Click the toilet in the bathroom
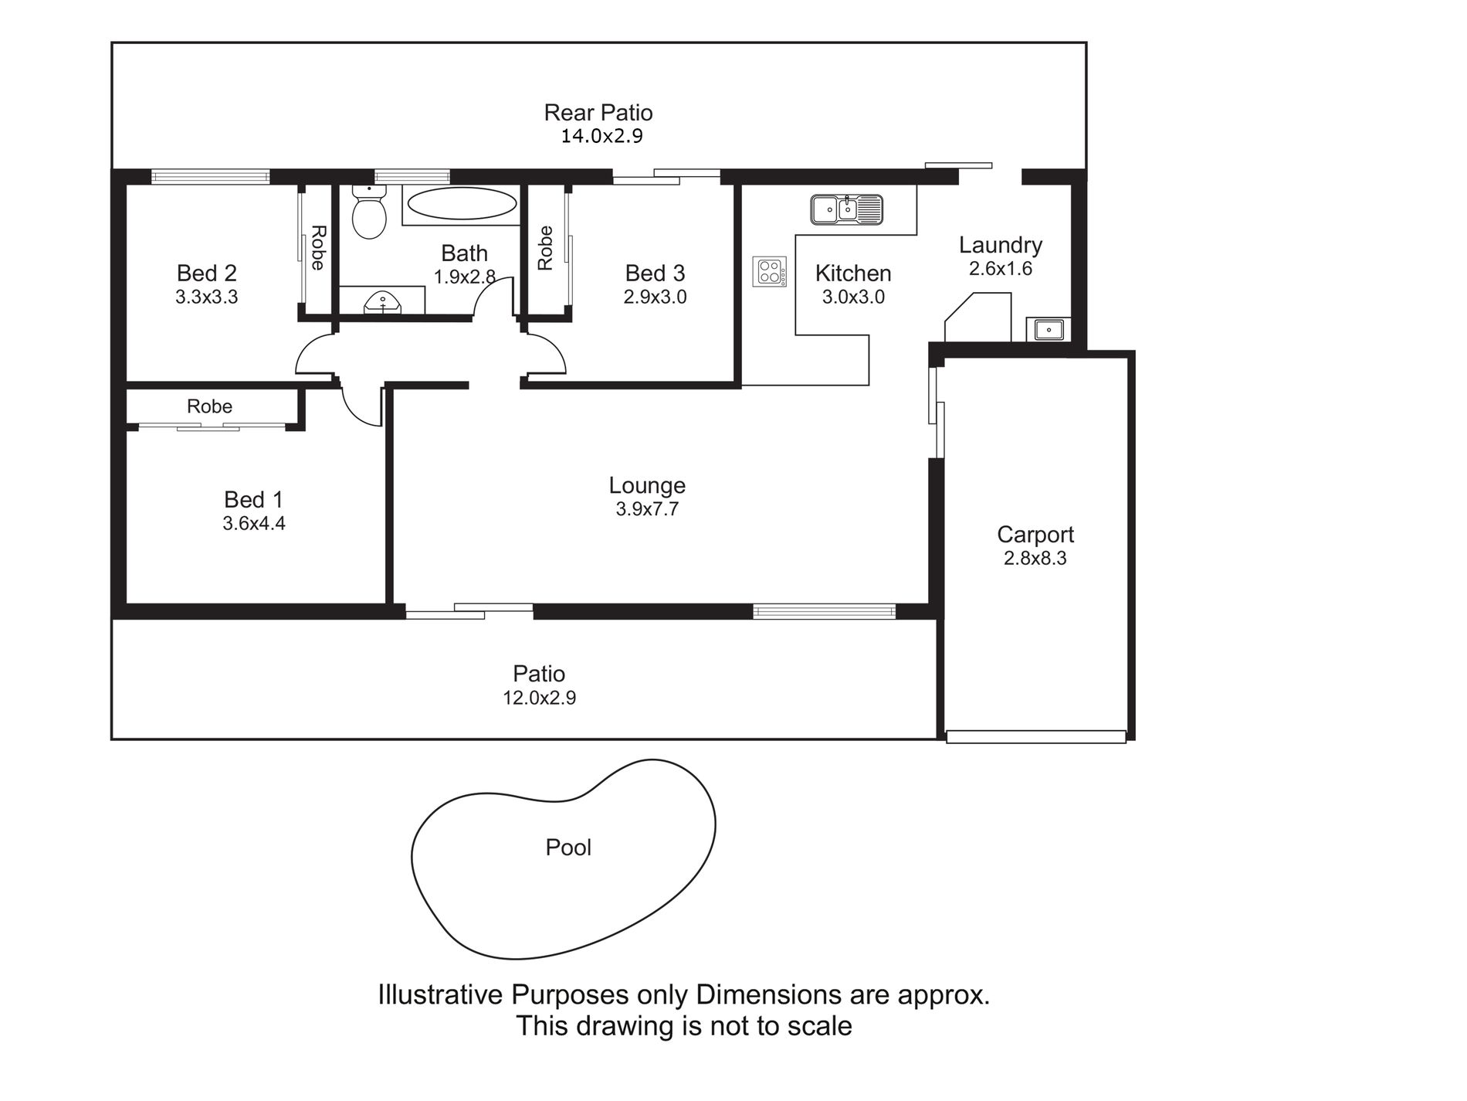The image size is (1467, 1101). [x=369, y=211]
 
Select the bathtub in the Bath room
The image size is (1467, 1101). [x=462, y=205]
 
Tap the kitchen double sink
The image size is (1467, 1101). [x=846, y=209]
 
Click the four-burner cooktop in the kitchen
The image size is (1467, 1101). [x=770, y=272]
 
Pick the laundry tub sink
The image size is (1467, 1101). [x=1048, y=330]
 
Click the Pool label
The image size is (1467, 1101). [x=568, y=848]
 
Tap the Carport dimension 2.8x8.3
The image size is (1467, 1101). [x=1035, y=558]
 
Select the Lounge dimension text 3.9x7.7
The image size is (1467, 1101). [x=647, y=509]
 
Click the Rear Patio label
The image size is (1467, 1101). [x=598, y=113]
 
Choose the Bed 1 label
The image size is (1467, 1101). [x=254, y=499]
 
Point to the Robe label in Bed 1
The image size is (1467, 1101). [x=209, y=406]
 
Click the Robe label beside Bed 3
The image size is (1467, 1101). [x=545, y=247]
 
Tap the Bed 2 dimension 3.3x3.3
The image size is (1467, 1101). [x=206, y=297]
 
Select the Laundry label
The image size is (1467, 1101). [x=1001, y=246]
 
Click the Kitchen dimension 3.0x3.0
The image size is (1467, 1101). [x=853, y=297]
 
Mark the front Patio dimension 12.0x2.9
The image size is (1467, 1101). [x=540, y=698]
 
